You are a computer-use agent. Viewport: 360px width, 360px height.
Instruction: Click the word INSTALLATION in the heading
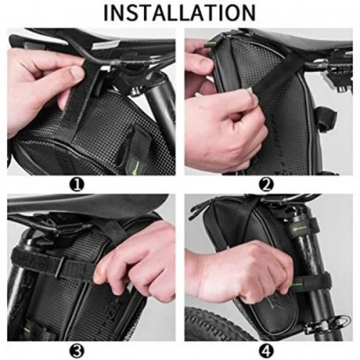[x=180, y=13]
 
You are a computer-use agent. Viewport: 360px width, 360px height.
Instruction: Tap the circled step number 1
[x=77, y=184]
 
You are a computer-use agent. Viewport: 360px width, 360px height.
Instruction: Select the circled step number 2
[x=267, y=184]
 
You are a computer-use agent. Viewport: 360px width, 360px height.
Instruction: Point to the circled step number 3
[x=77, y=351]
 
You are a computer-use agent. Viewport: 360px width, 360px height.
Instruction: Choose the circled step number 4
[x=267, y=351]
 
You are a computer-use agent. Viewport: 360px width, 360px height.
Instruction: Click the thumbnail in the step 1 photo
[x=78, y=72]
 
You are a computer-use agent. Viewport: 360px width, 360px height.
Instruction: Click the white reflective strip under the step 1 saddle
[x=104, y=45]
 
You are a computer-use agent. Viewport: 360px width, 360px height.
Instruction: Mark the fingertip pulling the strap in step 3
[x=97, y=278]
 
